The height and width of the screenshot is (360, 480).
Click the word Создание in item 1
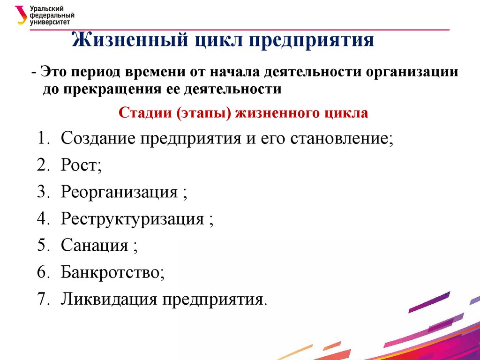tap(97, 139)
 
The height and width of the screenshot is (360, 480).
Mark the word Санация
tap(94, 245)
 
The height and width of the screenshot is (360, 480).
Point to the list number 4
tap(41, 219)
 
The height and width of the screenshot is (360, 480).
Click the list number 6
tap(41, 272)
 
